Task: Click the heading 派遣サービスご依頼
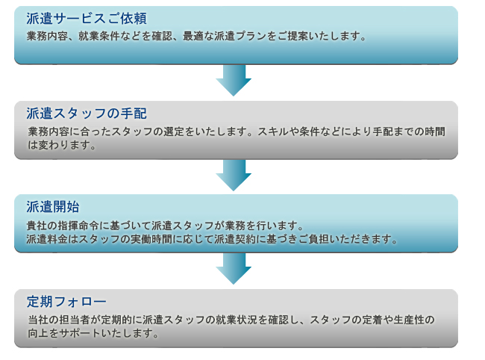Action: (87, 19)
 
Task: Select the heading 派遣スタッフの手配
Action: (87, 114)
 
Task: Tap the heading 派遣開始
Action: (53, 207)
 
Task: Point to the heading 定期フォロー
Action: (66, 302)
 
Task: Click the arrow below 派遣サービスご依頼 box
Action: (234, 80)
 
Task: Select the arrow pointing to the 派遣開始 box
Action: (234, 176)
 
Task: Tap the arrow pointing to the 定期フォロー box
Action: (234, 268)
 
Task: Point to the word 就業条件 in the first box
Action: (99, 36)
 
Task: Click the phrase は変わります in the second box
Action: (59, 145)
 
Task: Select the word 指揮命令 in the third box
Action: (78, 226)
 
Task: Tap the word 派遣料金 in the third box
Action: (47, 239)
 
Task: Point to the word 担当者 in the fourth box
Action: (74, 320)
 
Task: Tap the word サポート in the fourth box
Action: (80, 333)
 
